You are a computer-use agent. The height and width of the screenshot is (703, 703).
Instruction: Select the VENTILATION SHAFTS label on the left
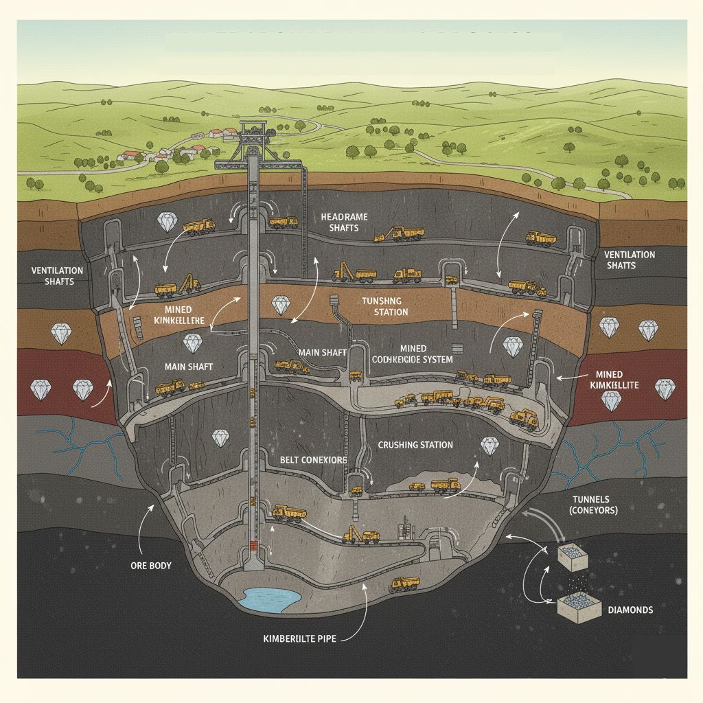point(57,276)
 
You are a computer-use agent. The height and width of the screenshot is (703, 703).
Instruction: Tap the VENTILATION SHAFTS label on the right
point(630,260)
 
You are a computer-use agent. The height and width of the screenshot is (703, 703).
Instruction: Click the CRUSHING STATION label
point(415,445)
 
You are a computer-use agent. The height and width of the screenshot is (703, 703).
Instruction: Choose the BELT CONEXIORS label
point(314,459)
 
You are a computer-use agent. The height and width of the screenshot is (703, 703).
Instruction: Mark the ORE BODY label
point(150,566)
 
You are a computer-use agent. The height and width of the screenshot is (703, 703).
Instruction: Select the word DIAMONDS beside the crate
point(630,610)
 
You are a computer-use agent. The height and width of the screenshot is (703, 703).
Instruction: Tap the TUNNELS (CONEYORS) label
point(594,505)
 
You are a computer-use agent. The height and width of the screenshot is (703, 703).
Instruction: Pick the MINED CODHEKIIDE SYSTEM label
point(412,354)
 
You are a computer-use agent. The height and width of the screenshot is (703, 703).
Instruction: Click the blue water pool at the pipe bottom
point(271,599)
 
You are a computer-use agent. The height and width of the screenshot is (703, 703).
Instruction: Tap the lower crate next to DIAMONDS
point(575,608)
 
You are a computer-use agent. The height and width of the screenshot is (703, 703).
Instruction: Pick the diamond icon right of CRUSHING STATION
point(489,446)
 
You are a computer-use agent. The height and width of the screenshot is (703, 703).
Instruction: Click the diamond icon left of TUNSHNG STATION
point(280,306)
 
